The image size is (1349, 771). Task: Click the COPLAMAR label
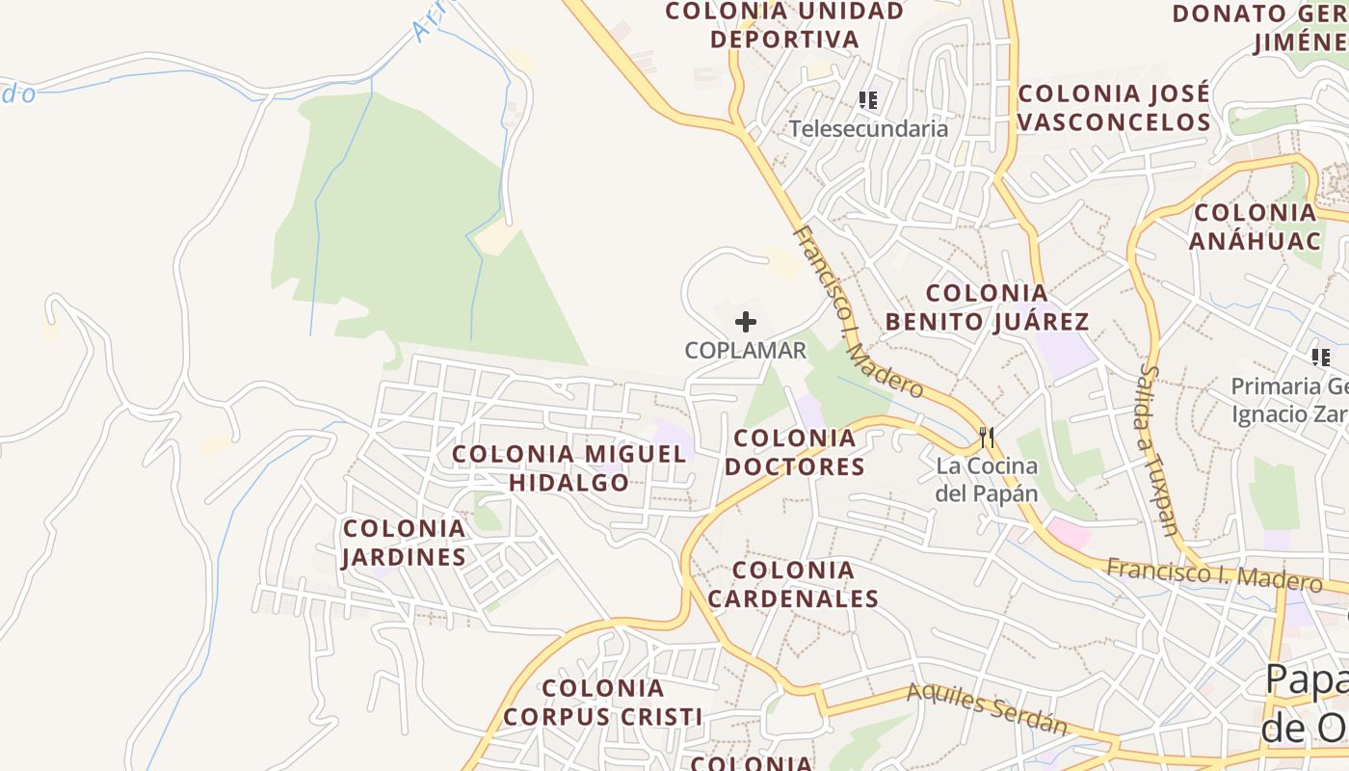pos(745,351)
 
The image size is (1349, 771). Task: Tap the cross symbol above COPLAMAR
pos(746,322)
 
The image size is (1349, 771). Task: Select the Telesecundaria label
pos(868,129)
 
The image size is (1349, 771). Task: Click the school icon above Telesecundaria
pos(867,100)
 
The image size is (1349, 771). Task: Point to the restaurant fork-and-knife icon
pos(986,438)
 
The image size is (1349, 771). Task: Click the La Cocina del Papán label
pos(987,480)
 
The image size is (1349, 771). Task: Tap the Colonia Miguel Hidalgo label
pos(569,467)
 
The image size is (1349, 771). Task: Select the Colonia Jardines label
pos(405,543)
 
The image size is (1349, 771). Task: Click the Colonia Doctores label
pos(794,453)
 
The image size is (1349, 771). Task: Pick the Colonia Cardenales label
pos(793,584)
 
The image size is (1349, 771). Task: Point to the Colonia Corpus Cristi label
pos(602,703)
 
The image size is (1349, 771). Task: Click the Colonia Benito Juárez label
pos(987,307)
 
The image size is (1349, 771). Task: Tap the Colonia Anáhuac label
pos(1255,226)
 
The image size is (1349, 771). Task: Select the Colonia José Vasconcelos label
pos(1113,108)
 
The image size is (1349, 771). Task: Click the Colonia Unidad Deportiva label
pos(784,25)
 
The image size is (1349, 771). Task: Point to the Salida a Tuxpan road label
pos(1157,448)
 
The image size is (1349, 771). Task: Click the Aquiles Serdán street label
pos(987,708)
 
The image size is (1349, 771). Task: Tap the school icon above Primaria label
pos(1320,359)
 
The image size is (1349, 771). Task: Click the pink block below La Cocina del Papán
pos(1069,532)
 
